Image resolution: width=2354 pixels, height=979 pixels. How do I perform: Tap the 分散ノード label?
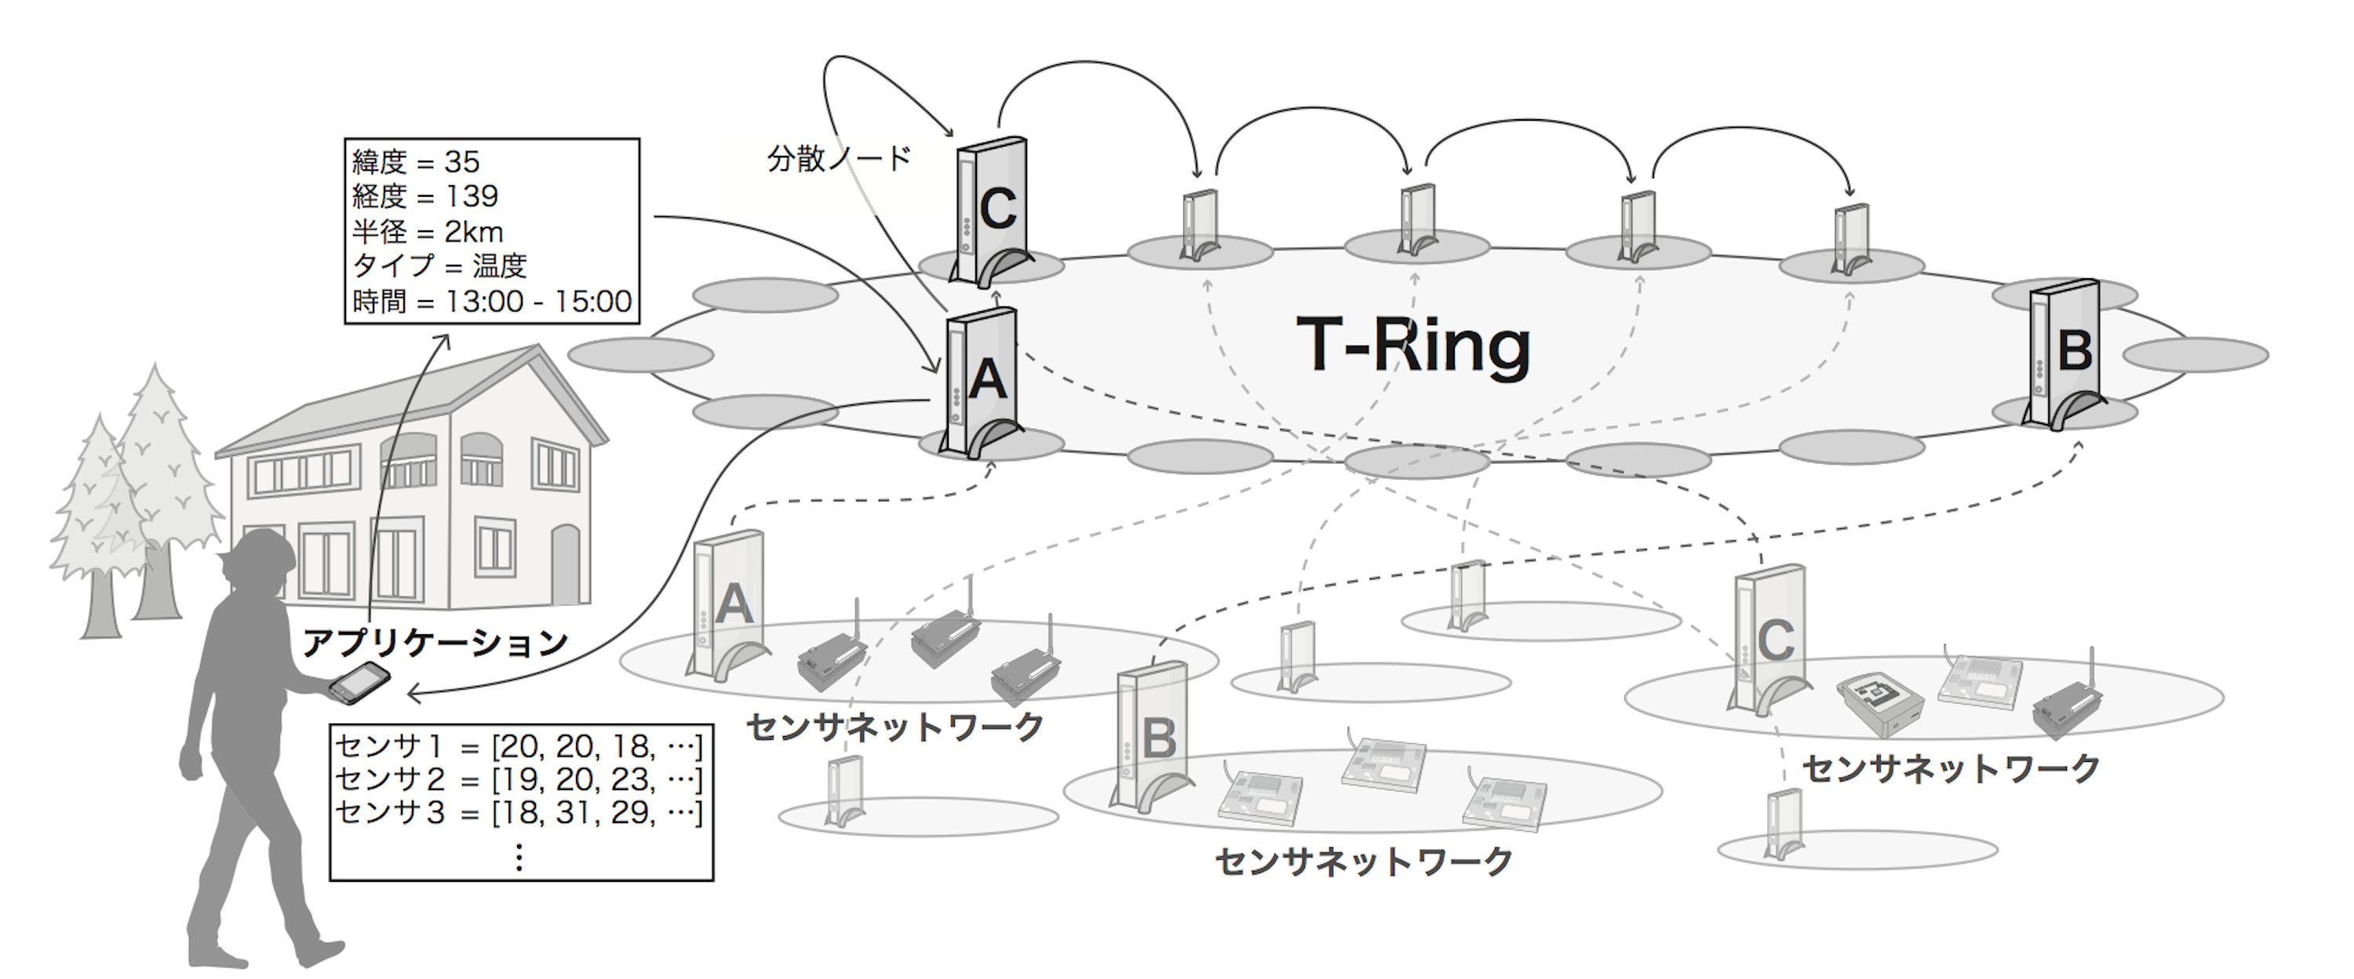[839, 159]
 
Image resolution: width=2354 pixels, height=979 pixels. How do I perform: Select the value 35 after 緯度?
[461, 161]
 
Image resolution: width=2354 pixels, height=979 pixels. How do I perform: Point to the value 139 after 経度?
[472, 195]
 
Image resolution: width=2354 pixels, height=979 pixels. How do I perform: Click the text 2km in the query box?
[473, 231]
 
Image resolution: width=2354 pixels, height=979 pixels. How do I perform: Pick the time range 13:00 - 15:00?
[538, 300]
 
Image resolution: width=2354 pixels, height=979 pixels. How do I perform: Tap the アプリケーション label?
[435, 643]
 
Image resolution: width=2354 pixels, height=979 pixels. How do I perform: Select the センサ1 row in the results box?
[518, 746]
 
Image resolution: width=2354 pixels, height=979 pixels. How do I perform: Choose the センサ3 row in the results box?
[518, 812]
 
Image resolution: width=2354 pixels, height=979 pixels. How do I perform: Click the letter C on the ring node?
[997, 209]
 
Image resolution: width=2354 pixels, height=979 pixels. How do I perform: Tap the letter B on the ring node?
[2075, 350]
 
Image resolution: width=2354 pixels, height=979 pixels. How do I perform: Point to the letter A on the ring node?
[987, 379]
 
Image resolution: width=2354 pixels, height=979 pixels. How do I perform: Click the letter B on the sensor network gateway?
[1159, 738]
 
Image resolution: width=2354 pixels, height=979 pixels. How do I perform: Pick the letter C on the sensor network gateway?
[1775, 640]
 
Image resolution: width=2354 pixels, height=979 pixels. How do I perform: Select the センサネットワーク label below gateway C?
[1951, 768]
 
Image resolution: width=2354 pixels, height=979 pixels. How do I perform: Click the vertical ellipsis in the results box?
[519, 857]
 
